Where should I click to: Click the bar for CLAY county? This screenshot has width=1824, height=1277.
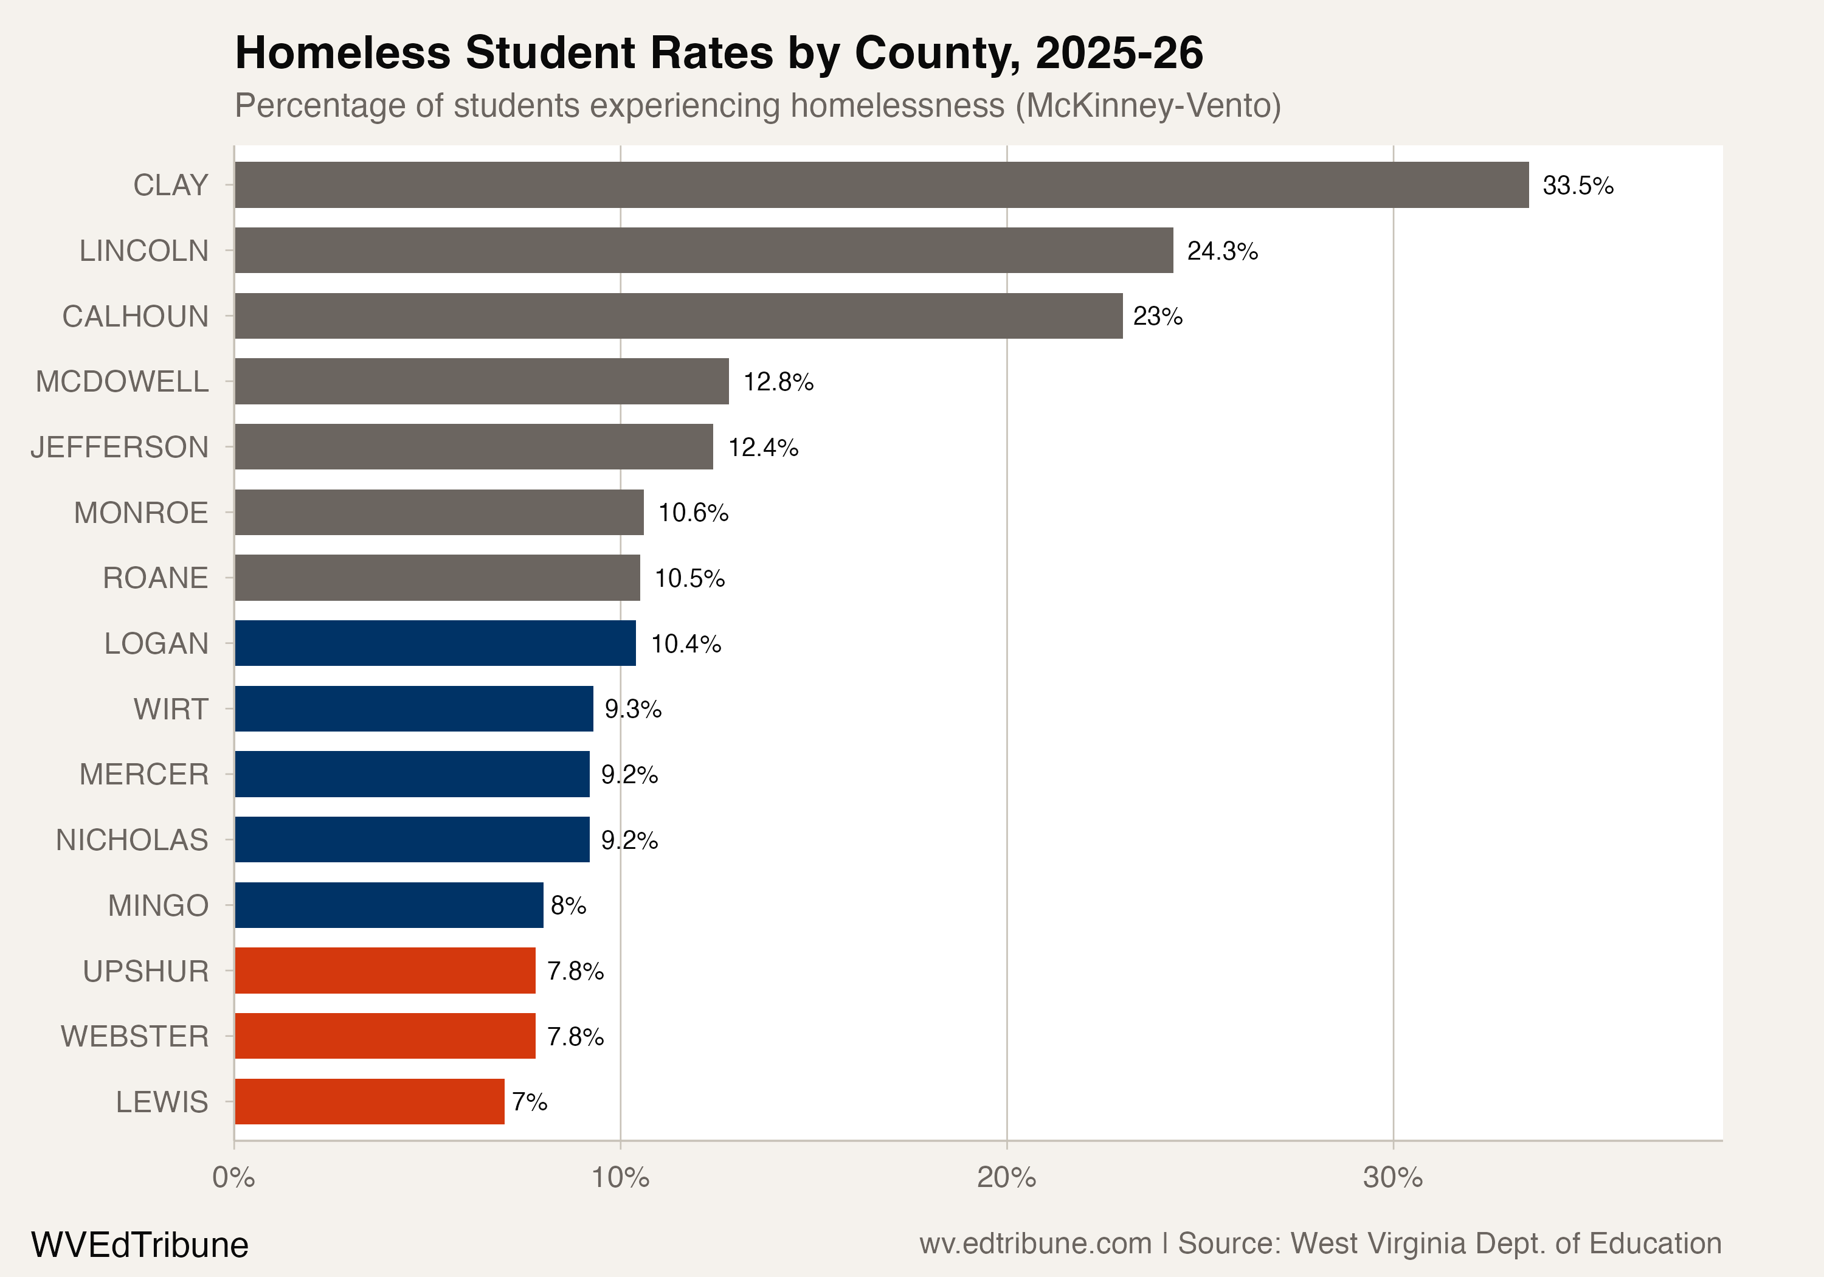coord(881,185)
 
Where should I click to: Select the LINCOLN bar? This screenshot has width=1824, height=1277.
coord(704,251)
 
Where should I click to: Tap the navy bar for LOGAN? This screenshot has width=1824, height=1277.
coord(435,643)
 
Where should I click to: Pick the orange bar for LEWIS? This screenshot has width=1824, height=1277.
coord(370,1101)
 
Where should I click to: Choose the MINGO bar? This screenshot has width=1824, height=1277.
coord(389,905)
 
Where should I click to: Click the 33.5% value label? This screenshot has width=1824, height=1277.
coord(1578,185)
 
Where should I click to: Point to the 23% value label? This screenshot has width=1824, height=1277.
coord(1158,316)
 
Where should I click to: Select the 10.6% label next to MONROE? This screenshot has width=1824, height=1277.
coord(693,513)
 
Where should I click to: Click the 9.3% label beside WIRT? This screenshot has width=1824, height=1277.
coord(632,709)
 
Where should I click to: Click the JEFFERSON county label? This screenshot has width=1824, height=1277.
coord(119,448)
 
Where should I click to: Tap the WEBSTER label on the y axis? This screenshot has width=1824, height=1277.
coord(134,1036)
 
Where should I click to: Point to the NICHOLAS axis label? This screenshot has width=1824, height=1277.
coord(132,840)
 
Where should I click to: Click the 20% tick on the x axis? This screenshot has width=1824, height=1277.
coord(1006,1177)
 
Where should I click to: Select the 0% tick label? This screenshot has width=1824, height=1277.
coord(233,1177)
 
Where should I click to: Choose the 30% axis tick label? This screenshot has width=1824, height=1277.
coord(1393,1177)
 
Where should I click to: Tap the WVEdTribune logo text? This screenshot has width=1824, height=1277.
coord(139,1244)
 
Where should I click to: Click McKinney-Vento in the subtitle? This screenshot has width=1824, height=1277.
coord(1148,106)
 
